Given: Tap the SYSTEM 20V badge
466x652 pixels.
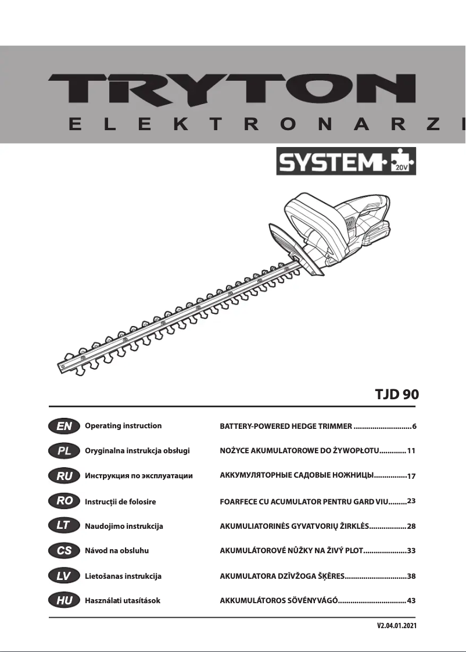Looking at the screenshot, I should point(346,162).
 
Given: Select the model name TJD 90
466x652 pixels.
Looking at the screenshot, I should point(396,394).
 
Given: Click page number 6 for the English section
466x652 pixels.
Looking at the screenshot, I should point(414,427).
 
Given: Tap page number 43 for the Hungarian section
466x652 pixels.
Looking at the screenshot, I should point(412,600).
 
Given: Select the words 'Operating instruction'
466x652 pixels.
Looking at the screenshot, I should point(123,426).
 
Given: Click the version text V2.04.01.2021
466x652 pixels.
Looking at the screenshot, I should point(397,626).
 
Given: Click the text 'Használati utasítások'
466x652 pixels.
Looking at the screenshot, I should point(123,601).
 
